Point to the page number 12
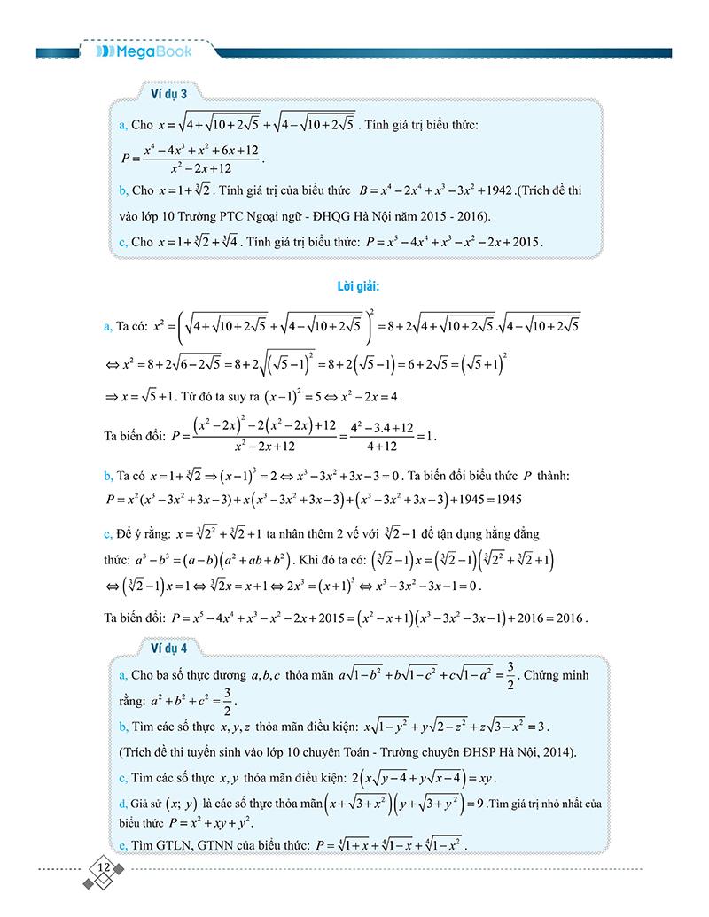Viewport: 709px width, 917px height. (104, 866)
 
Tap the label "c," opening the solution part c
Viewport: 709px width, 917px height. (110, 535)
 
